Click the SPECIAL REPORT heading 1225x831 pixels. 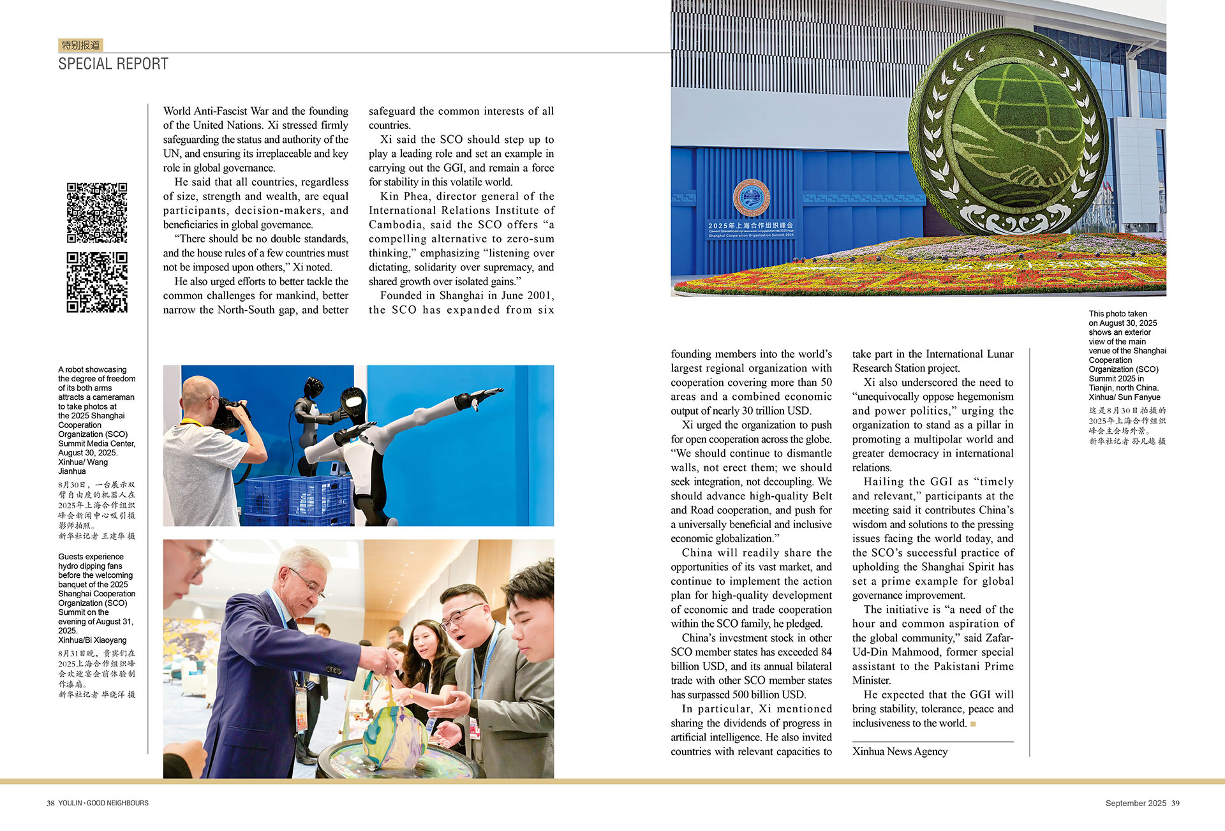(113, 64)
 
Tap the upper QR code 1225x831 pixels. (97, 212)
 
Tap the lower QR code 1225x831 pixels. (97, 282)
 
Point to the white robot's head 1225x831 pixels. (354, 401)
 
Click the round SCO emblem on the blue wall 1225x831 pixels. (751, 198)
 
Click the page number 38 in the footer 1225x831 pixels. (50, 803)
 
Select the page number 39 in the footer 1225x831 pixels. (1175, 803)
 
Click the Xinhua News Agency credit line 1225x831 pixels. (900, 751)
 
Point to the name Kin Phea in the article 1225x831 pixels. (405, 196)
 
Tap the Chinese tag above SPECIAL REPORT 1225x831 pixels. (80, 45)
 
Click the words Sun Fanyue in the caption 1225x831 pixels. (1139, 397)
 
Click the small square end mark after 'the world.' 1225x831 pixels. (973, 723)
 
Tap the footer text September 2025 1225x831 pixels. (1136, 803)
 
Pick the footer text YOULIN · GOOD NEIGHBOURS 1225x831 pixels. (103, 803)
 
